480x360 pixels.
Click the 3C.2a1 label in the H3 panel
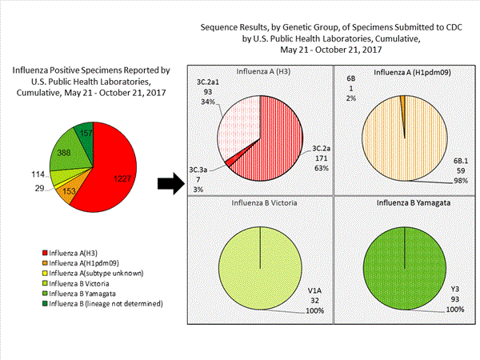pyautogui.click(x=210, y=81)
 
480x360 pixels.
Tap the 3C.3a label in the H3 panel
pyautogui.click(x=199, y=170)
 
